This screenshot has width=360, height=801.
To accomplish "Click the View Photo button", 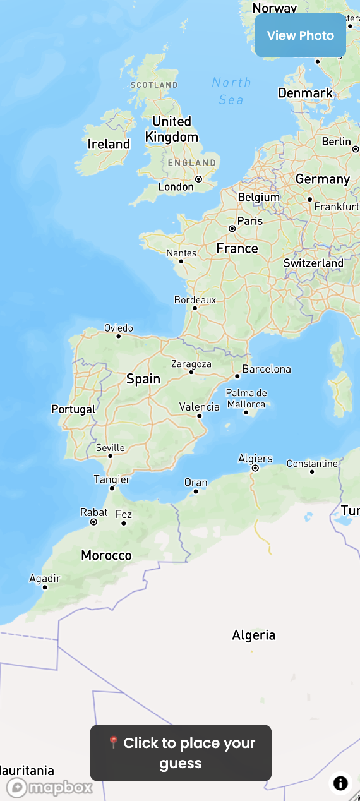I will [x=301, y=35].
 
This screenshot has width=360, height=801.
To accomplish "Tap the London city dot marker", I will [x=198, y=179].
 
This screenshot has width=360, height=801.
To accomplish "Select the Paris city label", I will [x=250, y=221].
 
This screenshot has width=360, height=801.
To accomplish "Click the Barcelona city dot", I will [x=237, y=376].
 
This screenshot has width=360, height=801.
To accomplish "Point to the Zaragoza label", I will [x=191, y=364].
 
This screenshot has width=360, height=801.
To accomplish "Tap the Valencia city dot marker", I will [x=200, y=416].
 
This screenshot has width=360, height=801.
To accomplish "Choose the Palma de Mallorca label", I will [x=246, y=398].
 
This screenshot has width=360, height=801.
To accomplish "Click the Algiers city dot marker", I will [x=255, y=468].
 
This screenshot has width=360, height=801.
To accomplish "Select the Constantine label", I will [x=312, y=464].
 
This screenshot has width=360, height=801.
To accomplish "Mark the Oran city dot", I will [x=196, y=491].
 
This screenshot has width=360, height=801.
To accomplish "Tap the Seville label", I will [x=111, y=448].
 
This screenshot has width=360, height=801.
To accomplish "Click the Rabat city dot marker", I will [x=93, y=522].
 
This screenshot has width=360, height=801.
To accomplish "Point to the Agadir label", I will [x=45, y=578].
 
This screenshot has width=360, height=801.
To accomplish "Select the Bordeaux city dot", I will [x=195, y=308].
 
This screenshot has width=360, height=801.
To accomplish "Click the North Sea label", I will [x=231, y=91].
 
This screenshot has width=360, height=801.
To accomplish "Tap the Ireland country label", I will [x=109, y=144].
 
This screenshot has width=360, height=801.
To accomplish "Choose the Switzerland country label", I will [x=313, y=263].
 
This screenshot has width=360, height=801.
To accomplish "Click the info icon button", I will [x=340, y=783].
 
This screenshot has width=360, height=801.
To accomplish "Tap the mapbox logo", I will [x=50, y=788].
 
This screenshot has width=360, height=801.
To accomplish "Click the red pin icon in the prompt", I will [x=114, y=742].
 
